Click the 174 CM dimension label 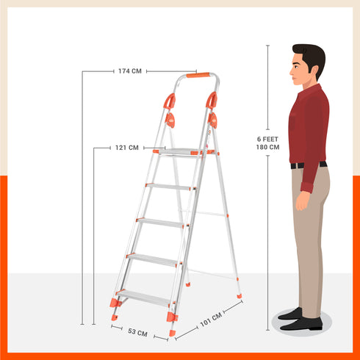pos(130,71)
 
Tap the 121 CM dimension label pos(126,148)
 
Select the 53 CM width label pos(137,333)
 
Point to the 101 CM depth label pos(212,321)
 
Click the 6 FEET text pos(267,139)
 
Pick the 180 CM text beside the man pos(267,147)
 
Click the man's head pos(307,65)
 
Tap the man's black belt pos(309,165)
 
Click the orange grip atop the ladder pos(197,75)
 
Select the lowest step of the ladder pos(143,296)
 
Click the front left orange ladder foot pos(115,303)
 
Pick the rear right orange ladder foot pos(240,295)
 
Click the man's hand pos(302,201)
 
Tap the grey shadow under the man pos(301,324)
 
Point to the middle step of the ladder pos(162,222)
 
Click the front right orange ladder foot pos(172,317)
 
